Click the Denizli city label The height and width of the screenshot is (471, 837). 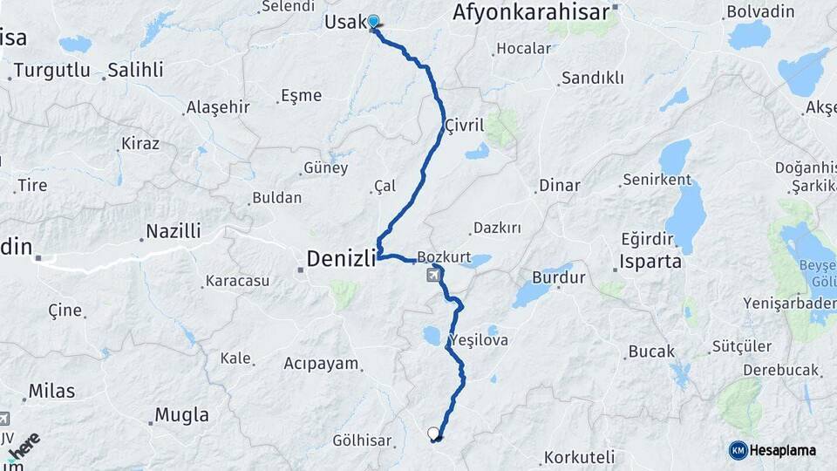341,258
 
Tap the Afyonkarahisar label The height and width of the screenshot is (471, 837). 532,12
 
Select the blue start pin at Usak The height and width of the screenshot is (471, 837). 373,22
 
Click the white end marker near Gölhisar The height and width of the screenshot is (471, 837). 433,433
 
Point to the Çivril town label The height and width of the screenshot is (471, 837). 464,126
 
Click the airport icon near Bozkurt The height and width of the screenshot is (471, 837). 433,276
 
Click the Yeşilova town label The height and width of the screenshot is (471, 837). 478,339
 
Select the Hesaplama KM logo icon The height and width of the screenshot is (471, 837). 738,450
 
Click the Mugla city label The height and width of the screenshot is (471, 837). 181,414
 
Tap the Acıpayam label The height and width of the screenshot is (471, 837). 321,364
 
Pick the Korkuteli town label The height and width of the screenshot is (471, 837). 579,456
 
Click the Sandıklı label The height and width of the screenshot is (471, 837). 592,78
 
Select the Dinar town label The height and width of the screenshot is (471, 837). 559,186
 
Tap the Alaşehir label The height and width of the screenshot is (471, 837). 218,107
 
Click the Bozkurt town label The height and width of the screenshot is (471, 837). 444,257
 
